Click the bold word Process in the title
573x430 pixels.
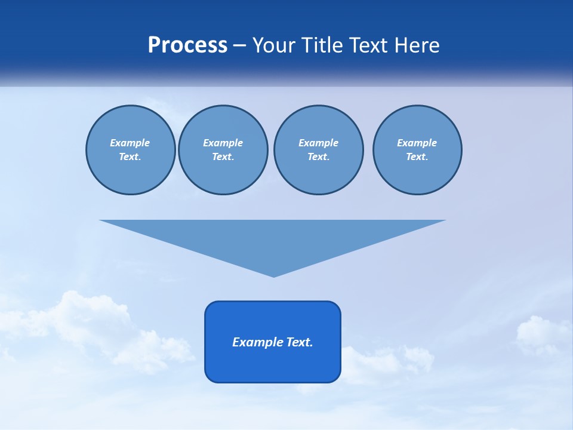pyautogui.click(x=187, y=45)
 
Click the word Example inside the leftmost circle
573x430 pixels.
pyautogui.click(x=130, y=143)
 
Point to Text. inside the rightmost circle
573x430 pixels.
pyautogui.click(x=417, y=156)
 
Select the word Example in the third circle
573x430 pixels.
pyautogui.click(x=318, y=143)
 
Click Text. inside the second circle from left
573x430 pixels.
pyautogui.click(x=223, y=156)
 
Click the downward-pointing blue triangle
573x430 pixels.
pyautogui.click(x=273, y=239)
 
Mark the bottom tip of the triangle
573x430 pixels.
pyautogui.click(x=273, y=276)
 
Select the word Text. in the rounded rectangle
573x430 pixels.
pyautogui.click(x=300, y=342)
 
